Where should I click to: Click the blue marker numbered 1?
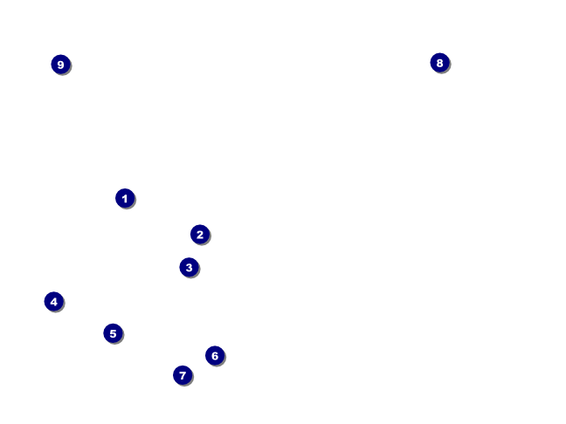coord(125,198)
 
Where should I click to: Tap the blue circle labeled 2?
coord(200,234)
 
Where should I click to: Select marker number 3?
coord(189,267)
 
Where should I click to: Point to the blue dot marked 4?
coord(54,301)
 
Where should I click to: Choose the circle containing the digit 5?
coord(113,333)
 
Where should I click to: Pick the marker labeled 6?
coord(215,355)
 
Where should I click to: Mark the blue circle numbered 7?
coord(182,375)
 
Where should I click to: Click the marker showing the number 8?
coord(439,63)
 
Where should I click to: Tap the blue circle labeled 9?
coord(60,65)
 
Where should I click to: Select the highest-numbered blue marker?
coord(60,65)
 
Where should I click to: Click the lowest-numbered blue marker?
coord(125,198)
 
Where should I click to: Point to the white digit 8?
coord(439,63)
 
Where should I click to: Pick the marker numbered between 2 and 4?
coord(189,267)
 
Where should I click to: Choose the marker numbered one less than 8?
coord(182,375)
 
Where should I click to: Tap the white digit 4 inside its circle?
coord(54,301)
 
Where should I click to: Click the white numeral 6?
coord(215,355)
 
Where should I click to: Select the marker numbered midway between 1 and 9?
coord(113,333)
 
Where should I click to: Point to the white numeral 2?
coord(200,234)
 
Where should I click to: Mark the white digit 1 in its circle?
coord(125,198)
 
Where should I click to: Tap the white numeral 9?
coord(60,65)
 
